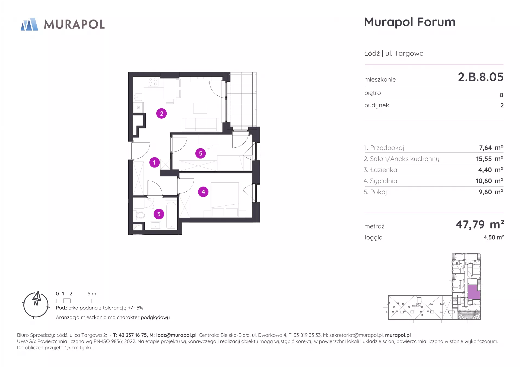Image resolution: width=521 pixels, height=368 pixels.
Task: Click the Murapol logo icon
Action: coord(29,24)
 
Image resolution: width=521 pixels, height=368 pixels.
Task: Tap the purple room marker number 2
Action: coord(161,114)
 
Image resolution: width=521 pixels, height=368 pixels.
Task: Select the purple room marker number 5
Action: coord(201,153)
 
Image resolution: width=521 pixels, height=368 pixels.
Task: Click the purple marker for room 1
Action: coord(154,162)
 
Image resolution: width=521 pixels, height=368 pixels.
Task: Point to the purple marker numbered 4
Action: coord(203,192)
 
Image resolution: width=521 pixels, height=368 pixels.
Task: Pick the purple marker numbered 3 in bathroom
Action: coord(159,214)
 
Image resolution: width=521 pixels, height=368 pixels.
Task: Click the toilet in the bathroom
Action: coord(139,215)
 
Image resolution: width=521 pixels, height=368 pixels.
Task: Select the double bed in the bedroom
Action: coord(225,200)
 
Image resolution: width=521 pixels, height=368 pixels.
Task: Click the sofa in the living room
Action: coord(201,125)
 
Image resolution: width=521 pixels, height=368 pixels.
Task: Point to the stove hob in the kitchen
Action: coord(153,82)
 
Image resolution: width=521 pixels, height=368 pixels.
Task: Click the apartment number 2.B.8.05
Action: coord(481,77)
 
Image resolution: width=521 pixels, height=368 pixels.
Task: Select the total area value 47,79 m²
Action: coord(480,224)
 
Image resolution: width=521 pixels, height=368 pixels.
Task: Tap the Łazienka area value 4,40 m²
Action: coord(490,170)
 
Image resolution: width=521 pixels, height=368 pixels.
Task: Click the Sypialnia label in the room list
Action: coord(383,181)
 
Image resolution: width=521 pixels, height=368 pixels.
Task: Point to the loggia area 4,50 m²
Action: coord(494,237)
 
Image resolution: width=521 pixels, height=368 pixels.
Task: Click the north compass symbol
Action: coord(36,305)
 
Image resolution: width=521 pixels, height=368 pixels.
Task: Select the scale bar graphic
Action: coord(74,301)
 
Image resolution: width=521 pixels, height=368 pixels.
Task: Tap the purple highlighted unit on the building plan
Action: coord(474,292)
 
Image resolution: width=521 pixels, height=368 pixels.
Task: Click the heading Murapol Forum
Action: coord(410,22)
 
